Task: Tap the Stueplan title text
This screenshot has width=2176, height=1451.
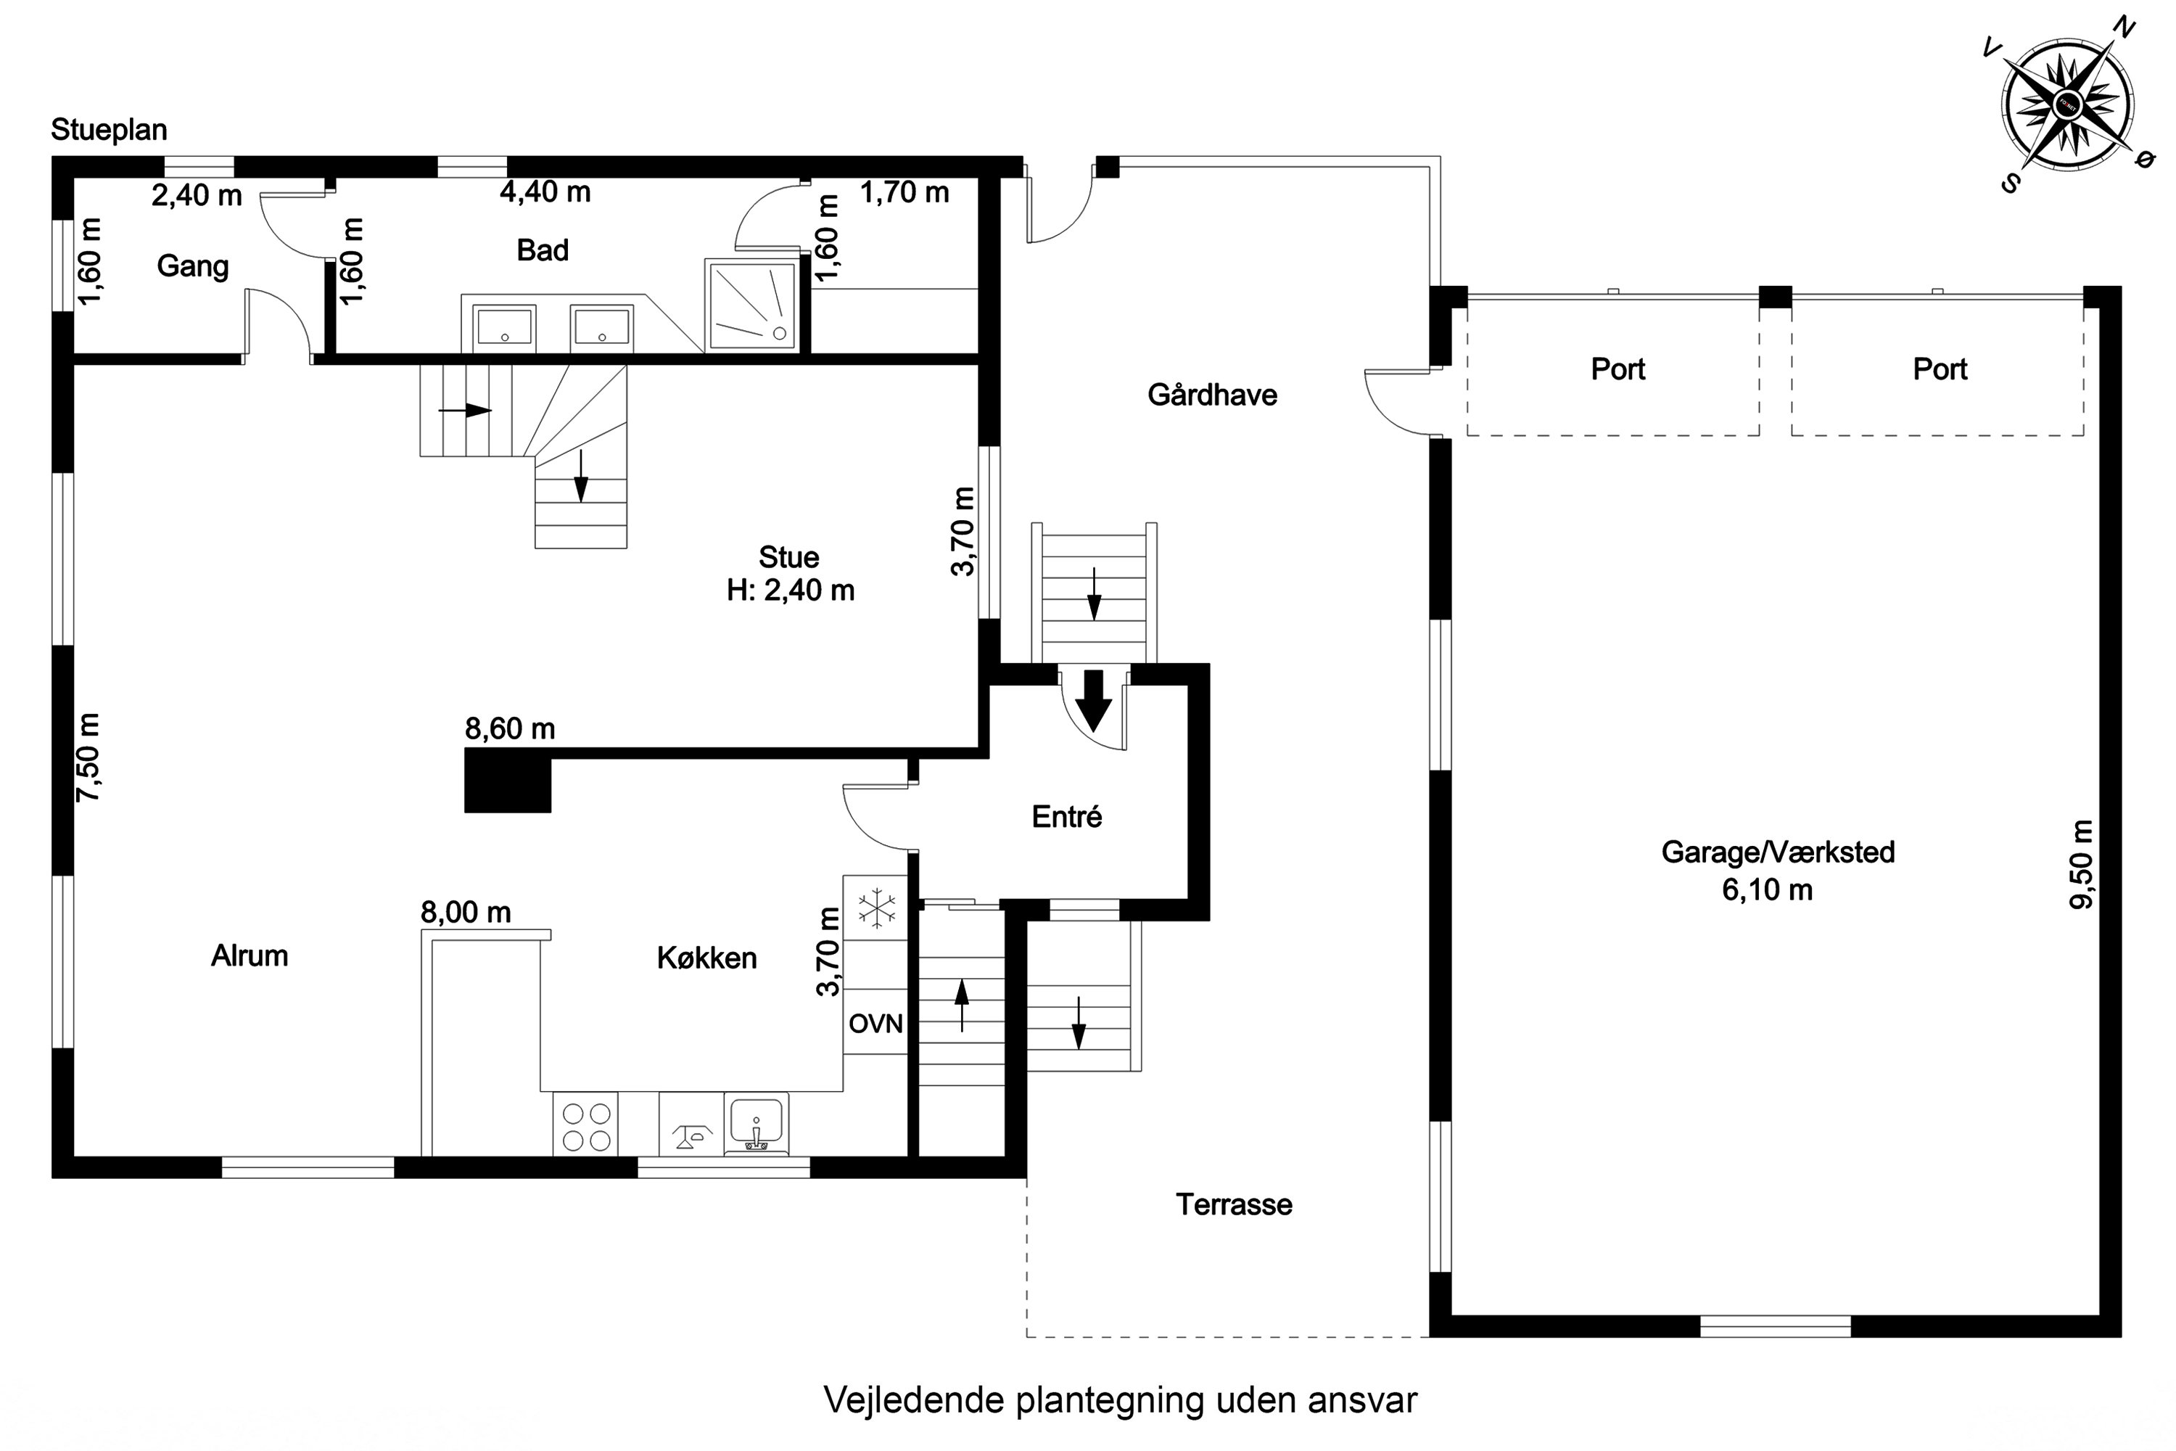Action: [x=110, y=130]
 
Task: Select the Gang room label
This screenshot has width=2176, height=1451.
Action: [x=192, y=266]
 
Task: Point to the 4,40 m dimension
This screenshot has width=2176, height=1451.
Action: [x=545, y=192]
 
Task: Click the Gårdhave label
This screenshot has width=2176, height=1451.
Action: [x=1212, y=395]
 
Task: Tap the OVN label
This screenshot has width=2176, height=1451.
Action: [x=875, y=1024]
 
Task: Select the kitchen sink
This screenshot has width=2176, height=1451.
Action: [x=756, y=1122]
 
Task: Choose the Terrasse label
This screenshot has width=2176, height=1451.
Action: [x=1233, y=1205]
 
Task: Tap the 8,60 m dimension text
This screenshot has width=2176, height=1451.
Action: [x=510, y=729]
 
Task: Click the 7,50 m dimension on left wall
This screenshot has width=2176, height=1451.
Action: [x=88, y=757]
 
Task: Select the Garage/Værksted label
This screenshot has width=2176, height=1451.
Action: [x=1777, y=852]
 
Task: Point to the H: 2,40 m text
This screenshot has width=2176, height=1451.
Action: [x=790, y=591]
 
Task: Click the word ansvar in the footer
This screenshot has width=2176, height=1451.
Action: [x=1362, y=1401]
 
